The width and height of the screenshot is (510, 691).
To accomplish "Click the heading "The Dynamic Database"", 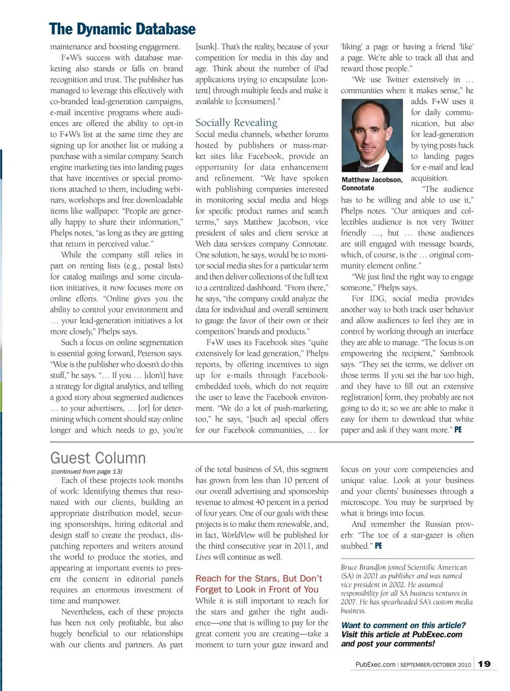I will click(122, 29).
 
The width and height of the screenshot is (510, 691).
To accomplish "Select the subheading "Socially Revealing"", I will click(236, 123).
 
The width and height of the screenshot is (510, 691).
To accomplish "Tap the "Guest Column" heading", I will click(98, 458).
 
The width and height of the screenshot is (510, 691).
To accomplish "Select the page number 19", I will click(484, 664).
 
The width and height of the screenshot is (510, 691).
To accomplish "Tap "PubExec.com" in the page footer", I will click(376, 664).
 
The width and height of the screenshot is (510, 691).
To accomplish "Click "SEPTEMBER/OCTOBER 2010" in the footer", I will click(436, 665).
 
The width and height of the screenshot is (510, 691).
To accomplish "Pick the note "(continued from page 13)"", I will click(87, 471).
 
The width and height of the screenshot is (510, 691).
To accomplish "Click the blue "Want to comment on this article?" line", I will click(403, 625).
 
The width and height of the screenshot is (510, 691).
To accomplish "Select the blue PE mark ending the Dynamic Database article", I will click(458, 429).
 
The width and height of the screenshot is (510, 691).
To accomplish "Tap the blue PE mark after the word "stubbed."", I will click(378, 546).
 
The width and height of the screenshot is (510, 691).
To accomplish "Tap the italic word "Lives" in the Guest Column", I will click(203, 557).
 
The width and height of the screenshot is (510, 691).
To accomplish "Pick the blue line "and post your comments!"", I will click(388, 644).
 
